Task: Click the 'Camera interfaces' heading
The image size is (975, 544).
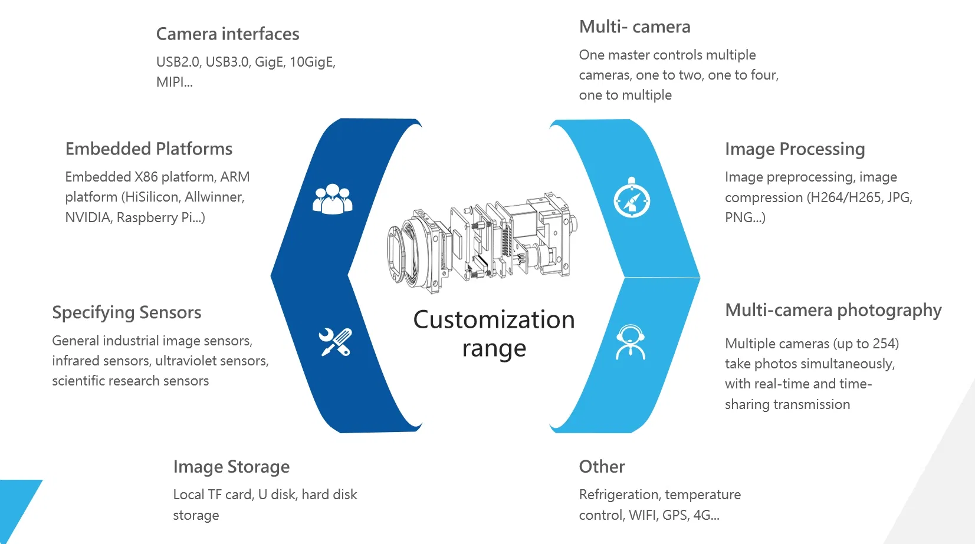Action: [x=228, y=34]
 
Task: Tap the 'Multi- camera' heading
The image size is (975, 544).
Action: [x=635, y=27]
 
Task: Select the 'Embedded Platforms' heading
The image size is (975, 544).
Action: [x=149, y=149]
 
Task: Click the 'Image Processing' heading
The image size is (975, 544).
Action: [x=795, y=149]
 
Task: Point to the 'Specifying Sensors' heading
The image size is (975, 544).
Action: [x=127, y=312]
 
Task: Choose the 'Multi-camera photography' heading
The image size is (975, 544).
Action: [x=833, y=310]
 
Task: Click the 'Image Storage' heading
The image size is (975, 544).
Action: [x=231, y=467]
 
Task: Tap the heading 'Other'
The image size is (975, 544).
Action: [x=602, y=467]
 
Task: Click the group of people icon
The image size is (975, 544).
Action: [x=332, y=199]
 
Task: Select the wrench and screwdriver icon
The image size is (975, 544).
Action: [x=335, y=342]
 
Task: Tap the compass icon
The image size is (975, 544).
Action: [x=632, y=199]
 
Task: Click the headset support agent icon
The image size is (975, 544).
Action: [x=631, y=342]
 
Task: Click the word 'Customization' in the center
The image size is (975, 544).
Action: [x=494, y=320]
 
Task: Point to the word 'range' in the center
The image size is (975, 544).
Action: [x=494, y=349]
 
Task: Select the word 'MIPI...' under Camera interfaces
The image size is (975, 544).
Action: [x=174, y=83]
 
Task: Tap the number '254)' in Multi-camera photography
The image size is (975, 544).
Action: [x=886, y=344]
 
